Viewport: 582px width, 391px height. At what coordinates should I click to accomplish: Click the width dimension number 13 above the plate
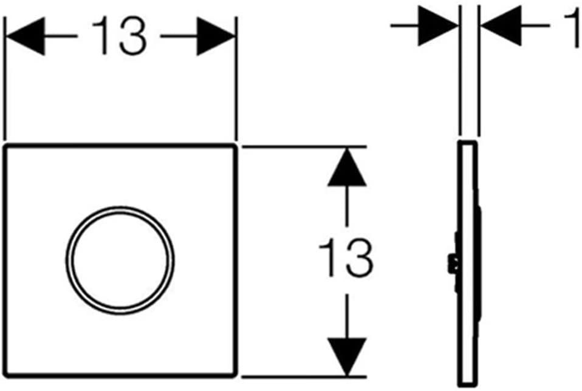[x=119, y=36]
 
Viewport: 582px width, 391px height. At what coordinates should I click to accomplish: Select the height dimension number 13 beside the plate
[x=346, y=258]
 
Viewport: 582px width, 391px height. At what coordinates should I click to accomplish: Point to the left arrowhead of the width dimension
[x=26, y=36]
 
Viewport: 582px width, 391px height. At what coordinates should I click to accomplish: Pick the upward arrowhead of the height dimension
[x=347, y=167]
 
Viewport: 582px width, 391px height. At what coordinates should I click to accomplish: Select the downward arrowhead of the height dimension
[x=347, y=357]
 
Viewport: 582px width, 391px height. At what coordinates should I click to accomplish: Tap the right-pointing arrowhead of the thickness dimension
[x=438, y=25]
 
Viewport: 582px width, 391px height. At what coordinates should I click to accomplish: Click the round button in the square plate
[x=120, y=260]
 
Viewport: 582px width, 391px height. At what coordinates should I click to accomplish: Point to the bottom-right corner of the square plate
[x=235, y=375]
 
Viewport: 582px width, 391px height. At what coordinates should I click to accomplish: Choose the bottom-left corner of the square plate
[x=5, y=375]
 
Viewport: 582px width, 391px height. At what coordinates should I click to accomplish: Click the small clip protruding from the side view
[x=452, y=263]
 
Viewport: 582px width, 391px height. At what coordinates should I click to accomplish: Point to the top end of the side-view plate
[x=467, y=142]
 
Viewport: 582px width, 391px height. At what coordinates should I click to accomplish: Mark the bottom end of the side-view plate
[x=467, y=385]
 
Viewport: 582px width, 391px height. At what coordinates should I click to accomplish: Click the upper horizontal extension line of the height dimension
[x=304, y=147]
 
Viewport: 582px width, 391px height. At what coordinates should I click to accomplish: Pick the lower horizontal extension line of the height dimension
[x=304, y=377]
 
